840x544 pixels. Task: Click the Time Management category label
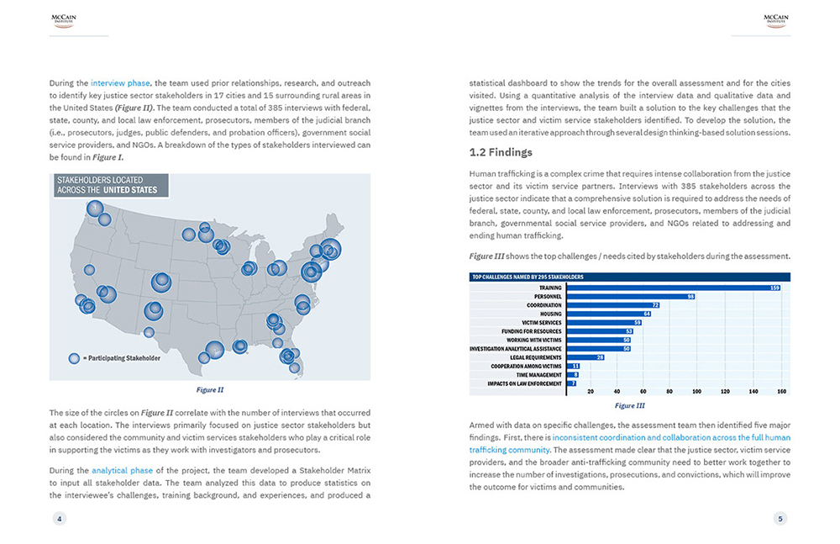pyautogui.click(x=538, y=375)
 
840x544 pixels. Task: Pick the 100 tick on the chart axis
pyautogui.click(x=696, y=392)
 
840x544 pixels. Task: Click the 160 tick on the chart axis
pyautogui.click(x=782, y=392)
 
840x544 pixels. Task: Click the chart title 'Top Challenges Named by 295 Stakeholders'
pyautogui.click(x=528, y=277)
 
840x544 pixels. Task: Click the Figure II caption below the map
pyautogui.click(x=209, y=389)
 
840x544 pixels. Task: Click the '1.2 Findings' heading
pyautogui.click(x=501, y=152)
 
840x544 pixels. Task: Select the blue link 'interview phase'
pyautogui.click(x=120, y=83)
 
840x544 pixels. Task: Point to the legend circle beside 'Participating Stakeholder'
pyautogui.click(x=74, y=358)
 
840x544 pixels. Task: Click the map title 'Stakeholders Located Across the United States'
pyautogui.click(x=107, y=184)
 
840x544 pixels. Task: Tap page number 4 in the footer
pyautogui.click(x=59, y=519)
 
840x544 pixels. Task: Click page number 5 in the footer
pyautogui.click(x=780, y=519)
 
